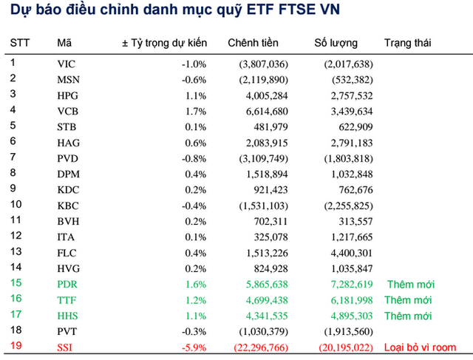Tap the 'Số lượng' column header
[336, 44]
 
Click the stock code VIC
[66, 64]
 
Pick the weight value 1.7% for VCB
[196, 111]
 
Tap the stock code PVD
[67, 158]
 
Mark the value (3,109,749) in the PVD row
[262, 158]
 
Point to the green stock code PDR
[67, 285]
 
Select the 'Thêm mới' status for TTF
[407, 300]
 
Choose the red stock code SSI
[65, 347]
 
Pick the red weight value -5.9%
[194, 347]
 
